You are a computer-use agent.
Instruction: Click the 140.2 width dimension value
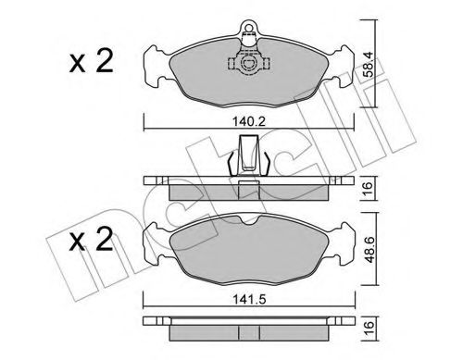(x=249, y=122)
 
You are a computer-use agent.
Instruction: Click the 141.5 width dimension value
(x=249, y=300)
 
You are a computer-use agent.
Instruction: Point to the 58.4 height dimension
(x=368, y=64)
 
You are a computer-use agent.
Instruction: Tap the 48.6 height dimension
(x=369, y=249)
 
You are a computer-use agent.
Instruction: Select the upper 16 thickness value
(x=368, y=187)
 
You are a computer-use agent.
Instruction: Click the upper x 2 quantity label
(x=92, y=62)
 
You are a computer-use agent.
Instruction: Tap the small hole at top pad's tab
(x=248, y=28)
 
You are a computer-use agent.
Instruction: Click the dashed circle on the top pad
(x=248, y=63)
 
